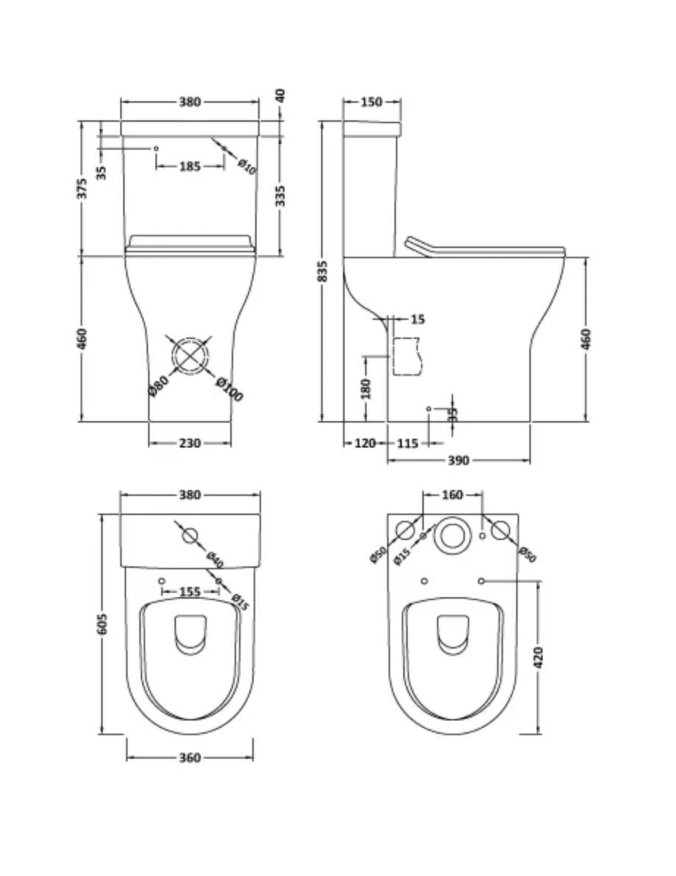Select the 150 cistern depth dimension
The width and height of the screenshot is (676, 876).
pos(372,102)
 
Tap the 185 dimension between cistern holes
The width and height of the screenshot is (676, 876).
pos(189,167)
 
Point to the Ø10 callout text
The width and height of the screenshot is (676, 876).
pos(247,167)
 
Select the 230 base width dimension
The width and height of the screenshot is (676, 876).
pos(189,442)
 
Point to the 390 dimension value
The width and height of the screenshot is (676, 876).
pos(458,460)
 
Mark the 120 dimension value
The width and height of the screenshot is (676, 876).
pos(365,442)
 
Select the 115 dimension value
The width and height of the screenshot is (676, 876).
pos(408,442)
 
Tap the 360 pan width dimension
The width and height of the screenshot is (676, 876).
pos(189,758)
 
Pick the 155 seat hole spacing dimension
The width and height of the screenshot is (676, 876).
pos(189,591)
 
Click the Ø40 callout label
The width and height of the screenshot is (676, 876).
pos(215,560)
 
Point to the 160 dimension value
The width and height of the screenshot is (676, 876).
pos(452,494)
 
